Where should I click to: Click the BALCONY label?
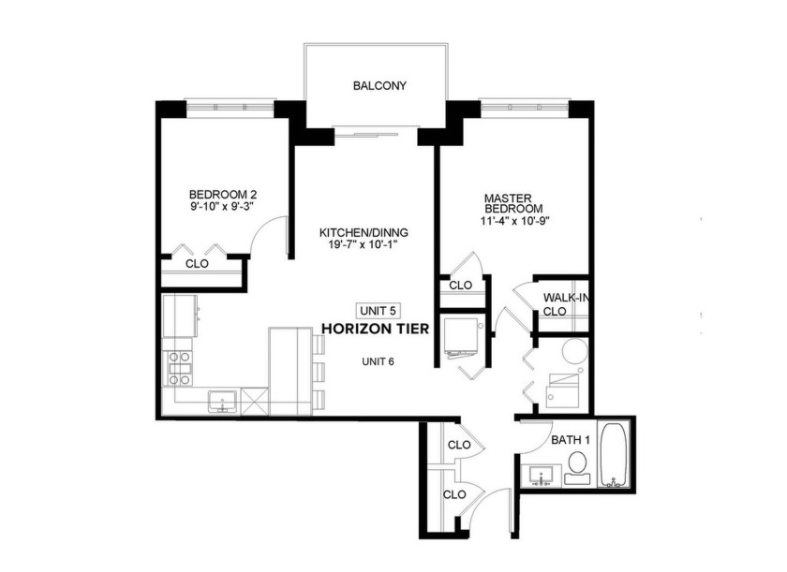click(379, 86)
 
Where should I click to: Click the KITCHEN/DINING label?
click(364, 233)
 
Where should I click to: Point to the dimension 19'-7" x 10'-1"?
click(364, 246)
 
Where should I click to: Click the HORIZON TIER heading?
click(376, 329)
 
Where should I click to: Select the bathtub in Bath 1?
click(616, 456)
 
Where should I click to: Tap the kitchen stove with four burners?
click(178, 368)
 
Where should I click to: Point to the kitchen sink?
click(222, 402)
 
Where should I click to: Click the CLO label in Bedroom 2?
click(197, 264)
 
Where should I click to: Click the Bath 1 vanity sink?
click(541, 477)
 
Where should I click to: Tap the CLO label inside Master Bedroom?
click(460, 286)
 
